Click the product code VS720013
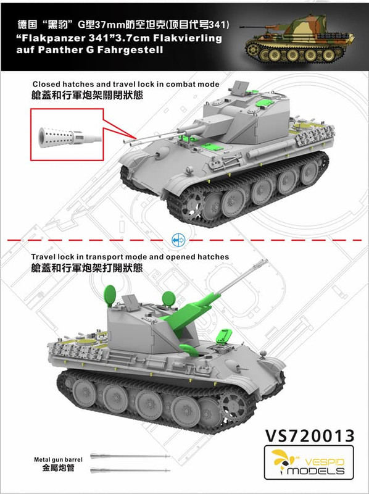coord(310,436)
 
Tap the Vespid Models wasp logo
coord(281,461)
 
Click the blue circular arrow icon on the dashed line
coord(178,240)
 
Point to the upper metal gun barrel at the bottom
coord(130,456)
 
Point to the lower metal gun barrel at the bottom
coord(130,471)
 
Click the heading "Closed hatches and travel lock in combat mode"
coord(126,84)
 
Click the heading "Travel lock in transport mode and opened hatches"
coord(130,257)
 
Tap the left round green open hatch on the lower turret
coord(110,295)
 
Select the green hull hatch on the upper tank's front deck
coord(212,146)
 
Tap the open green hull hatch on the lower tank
coord(224,336)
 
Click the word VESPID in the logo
coord(324,462)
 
